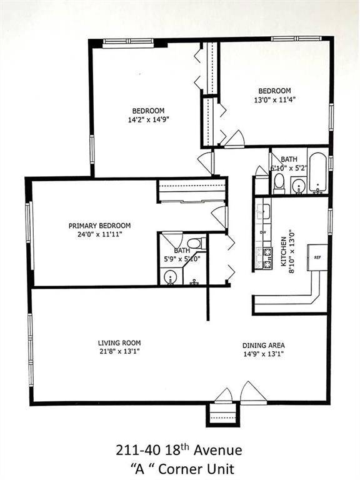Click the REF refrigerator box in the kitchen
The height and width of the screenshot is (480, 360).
(317, 257)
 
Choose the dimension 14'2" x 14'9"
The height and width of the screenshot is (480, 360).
(148, 119)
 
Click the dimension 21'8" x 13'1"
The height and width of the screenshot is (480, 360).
(119, 351)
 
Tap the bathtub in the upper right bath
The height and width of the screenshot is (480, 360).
(317, 172)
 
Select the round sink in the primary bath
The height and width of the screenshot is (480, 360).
(169, 277)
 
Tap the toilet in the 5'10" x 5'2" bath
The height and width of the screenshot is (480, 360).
(279, 182)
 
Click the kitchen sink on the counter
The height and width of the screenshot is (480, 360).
(264, 210)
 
